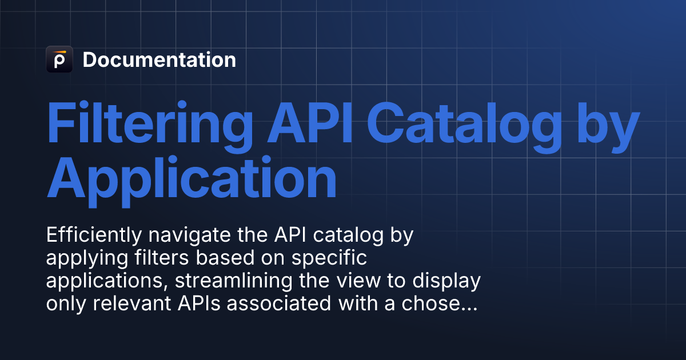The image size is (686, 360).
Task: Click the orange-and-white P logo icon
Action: tap(59, 59)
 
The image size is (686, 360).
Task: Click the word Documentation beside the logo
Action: tap(159, 60)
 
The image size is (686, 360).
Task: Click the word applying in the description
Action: tap(79, 259)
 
